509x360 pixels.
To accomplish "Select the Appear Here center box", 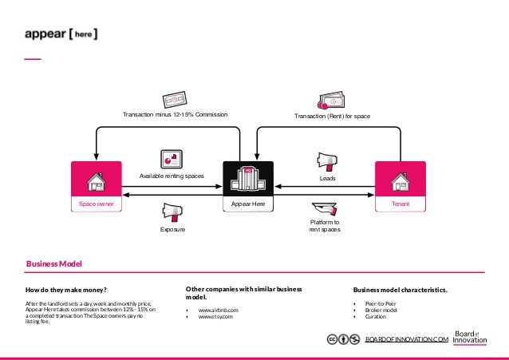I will click(x=248, y=186).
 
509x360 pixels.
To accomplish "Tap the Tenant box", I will click(x=400, y=186).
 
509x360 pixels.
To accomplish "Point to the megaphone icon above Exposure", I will click(x=171, y=212).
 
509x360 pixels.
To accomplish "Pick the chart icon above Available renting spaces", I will click(x=171, y=157).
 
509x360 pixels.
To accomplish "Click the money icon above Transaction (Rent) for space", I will click(x=331, y=100).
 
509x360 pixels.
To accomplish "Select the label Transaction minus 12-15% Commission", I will click(x=175, y=116).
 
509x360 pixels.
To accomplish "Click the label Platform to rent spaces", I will click(x=325, y=225).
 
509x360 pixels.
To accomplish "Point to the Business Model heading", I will click(x=54, y=263).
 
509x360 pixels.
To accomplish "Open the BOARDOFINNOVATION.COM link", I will click(x=406, y=340).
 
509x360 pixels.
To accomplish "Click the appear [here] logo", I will click(x=61, y=34).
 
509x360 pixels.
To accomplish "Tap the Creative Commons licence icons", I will click(x=342, y=339).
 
